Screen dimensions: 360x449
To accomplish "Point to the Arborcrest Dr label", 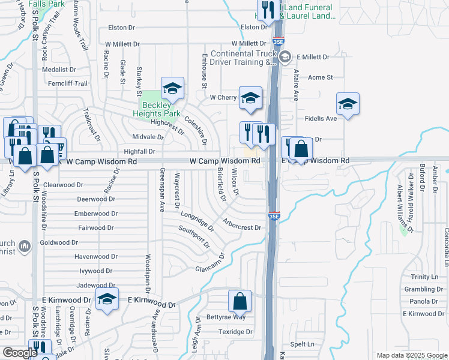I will tap(241, 227).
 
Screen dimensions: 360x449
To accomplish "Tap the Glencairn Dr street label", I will tap(209, 265).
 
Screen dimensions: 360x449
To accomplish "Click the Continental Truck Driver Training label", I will tap(243, 57).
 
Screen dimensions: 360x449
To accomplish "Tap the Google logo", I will tap(20, 352).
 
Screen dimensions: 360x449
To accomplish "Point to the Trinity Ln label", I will tap(424, 277).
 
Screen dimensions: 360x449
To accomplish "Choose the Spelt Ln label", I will tap(302, 344).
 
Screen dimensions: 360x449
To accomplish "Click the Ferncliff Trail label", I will tap(68, 83).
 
